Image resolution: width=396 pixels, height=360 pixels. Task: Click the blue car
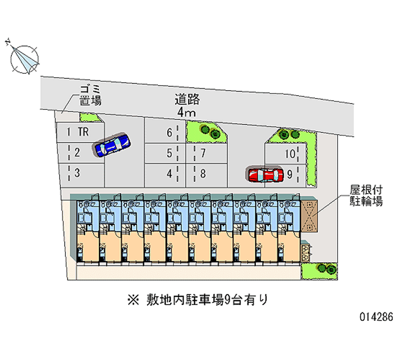point(112,145)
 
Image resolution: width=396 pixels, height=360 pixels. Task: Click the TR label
point(84,132)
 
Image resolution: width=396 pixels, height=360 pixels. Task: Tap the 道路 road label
point(187,100)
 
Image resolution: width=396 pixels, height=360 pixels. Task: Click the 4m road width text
point(187,113)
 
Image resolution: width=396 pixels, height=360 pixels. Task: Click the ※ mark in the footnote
point(135,299)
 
